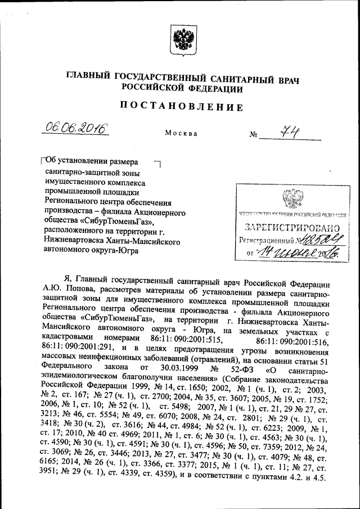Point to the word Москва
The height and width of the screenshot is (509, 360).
click(181, 134)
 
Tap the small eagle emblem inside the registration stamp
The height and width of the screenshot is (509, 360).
click(291, 199)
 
